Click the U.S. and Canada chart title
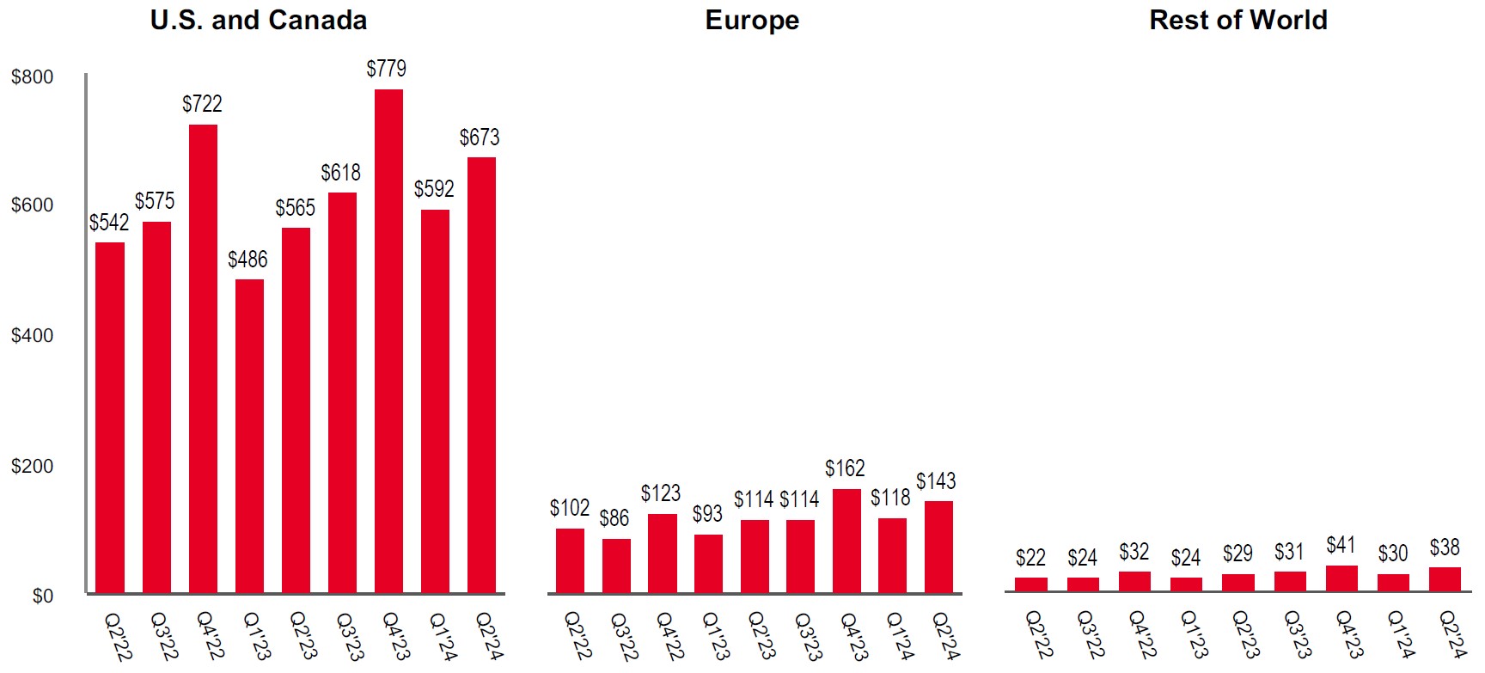coord(258,20)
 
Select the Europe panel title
coord(752,20)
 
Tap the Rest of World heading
coord(1237,20)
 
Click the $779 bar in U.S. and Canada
coord(388,340)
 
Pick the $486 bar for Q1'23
coord(249,436)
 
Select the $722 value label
coord(202,104)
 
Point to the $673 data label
coord(480,138)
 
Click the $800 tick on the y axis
coord(32,76)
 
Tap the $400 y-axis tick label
coord(32,335)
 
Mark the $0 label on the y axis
coord(42,596)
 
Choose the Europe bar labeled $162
coord(846,541)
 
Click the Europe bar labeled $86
coord(616,566)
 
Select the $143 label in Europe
coord(936,480)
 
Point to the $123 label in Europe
coord(661,493)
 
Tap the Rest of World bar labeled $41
coord(1341,578)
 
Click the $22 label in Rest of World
coord(1030,558)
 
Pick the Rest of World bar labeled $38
coord(1445,579)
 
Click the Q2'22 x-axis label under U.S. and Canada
coord(118,636)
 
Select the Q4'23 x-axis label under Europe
coord(852,636)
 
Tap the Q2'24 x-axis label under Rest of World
coord(1451,636)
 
